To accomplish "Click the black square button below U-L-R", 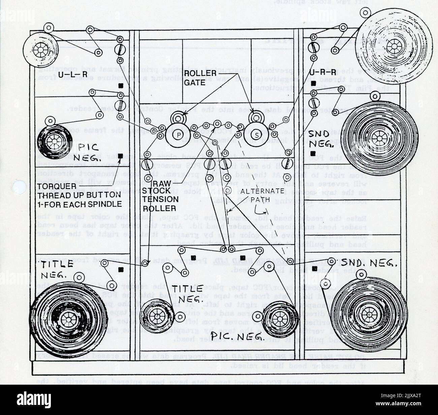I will [x=121, y=86].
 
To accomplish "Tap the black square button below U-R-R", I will [x=314, y=83].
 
